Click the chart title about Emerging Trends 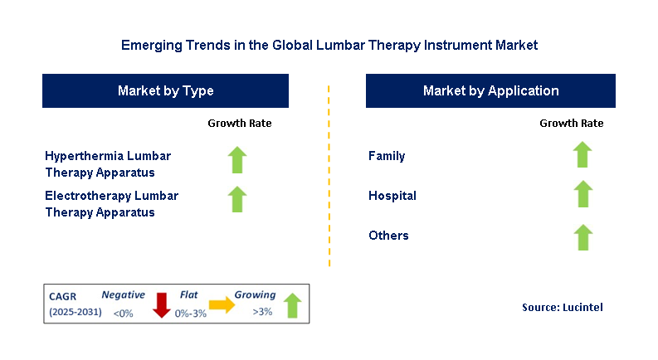pos(329,46)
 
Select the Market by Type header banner pos(165,90)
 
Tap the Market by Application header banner pos(490,90)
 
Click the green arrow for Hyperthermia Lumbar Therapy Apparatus pos(238,159)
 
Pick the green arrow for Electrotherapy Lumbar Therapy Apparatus pos(238,199)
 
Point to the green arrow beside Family pos(582,154)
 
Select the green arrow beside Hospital pos(582,194)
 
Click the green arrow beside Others pos(582,236)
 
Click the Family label pos(387,156)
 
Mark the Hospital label pos(392,197)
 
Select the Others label pos(388,236)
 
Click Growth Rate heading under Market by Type pos(239,124)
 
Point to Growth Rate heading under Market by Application pos(571,124)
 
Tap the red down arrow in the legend pos(162,304)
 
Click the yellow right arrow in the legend pos(222,304)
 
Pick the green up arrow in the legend pos(292,304)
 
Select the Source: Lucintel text pos(562,307)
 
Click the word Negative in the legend pos(123,294)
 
